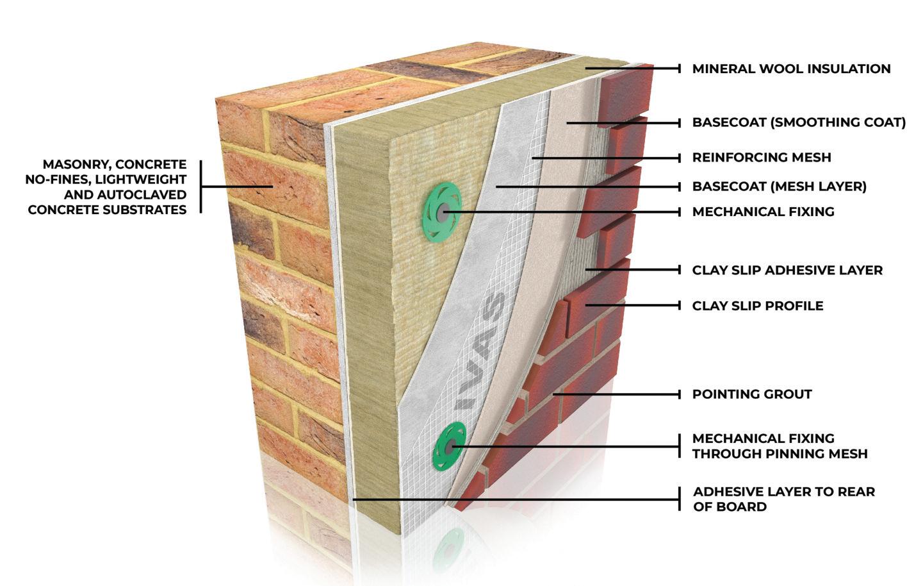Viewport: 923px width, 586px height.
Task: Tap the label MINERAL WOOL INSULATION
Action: pos(791,69)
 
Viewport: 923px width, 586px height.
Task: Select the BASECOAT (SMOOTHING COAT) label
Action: pos(799,122)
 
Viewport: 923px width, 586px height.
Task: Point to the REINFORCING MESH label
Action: pos(761,157)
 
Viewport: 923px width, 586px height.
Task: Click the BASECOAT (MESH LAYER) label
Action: pos(779,187)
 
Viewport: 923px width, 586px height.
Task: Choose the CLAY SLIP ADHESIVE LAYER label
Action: pos(787,270)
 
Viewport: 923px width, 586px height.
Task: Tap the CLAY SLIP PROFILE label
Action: pos(758,306)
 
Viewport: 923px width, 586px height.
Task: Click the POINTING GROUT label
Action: pos(752,394)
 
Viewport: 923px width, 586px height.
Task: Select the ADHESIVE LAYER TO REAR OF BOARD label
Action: pos(783,499)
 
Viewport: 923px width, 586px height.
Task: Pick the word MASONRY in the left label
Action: pos(78,165)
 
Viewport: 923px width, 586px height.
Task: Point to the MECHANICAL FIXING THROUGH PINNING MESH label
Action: pos(780,446)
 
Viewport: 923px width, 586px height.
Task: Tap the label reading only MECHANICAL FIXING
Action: pos(763,212)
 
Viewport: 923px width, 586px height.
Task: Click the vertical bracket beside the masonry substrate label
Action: pos(200,187)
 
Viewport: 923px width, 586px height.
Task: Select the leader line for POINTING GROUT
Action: pos(615,394)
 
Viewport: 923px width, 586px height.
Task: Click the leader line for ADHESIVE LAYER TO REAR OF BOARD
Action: pos(512,499)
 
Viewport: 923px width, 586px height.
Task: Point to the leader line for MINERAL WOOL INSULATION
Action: pos(631,69)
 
